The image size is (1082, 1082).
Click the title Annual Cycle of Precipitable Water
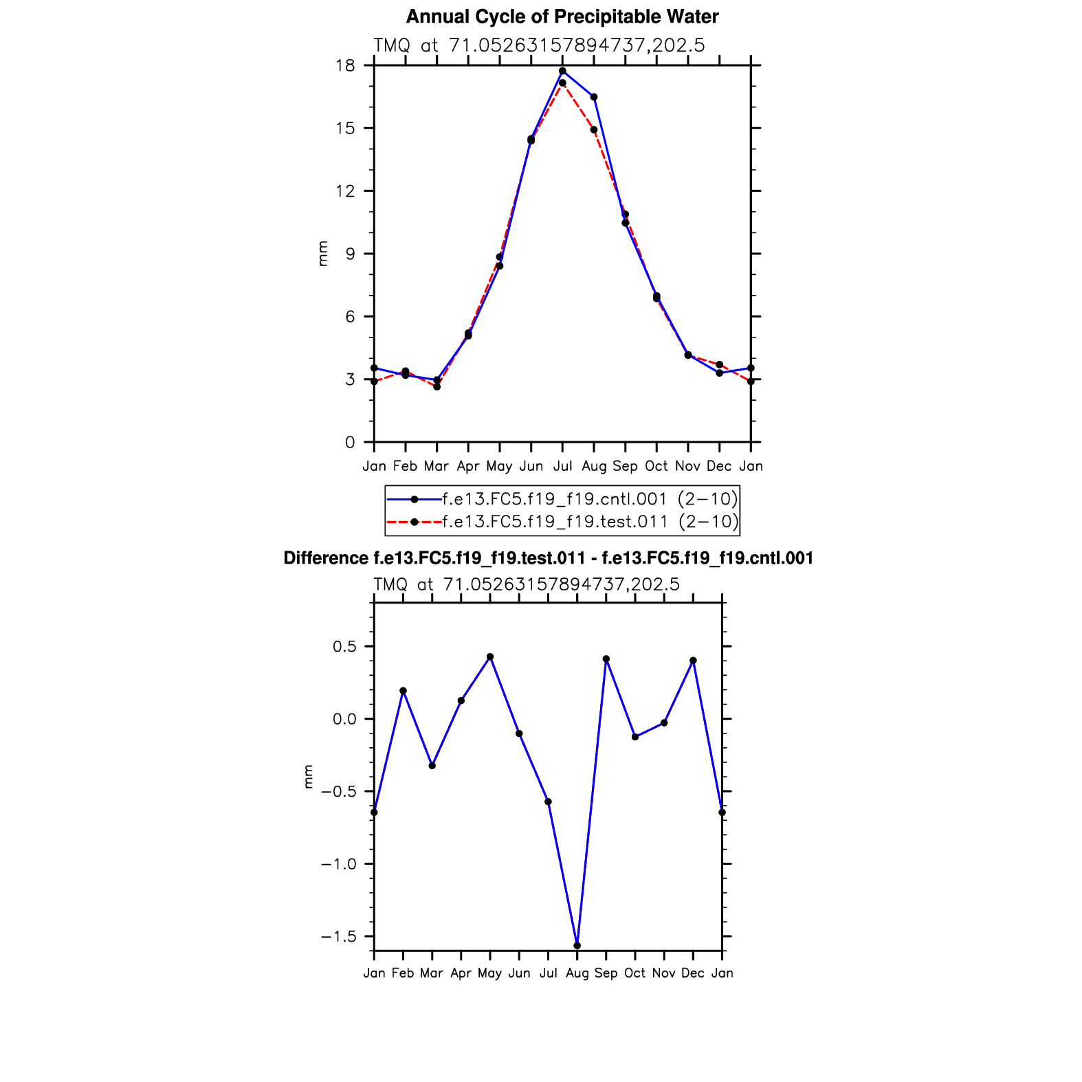[x=562, y=16]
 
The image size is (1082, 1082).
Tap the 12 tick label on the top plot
[x=346, y=191]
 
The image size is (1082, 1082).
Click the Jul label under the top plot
[x=562, y=467]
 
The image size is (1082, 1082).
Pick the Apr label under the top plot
[x=468, y=467]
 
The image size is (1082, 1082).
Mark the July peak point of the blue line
[x=562, y=71]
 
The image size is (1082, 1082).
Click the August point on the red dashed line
[x=594, y=130]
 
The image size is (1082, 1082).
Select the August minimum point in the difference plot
[x=577, y=946]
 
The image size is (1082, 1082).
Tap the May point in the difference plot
[x=490, y=657]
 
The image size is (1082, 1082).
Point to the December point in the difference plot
[x=693, y=661]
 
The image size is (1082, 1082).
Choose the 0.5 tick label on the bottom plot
[x=344, y=647]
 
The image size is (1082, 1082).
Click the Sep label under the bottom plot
[x=606, y=973]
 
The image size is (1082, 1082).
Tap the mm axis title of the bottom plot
[x=309, y=777]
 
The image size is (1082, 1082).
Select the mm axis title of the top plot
[x=322, y=254]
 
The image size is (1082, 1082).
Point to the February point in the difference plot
[x=404, y=691]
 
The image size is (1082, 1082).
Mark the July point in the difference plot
[x=549, y=802]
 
